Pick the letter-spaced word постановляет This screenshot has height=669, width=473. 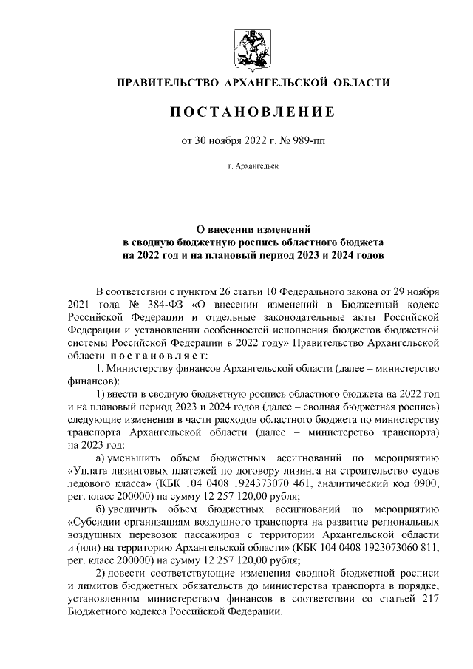(147, 356)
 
